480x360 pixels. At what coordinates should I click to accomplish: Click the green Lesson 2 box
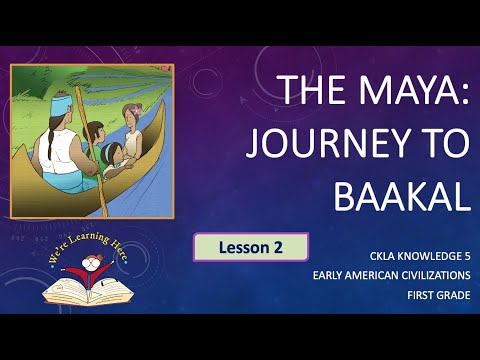[x=251, y=247]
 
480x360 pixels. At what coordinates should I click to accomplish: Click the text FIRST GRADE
[x=438, y=295]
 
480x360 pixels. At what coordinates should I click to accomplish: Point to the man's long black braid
[x=45, y=141]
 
